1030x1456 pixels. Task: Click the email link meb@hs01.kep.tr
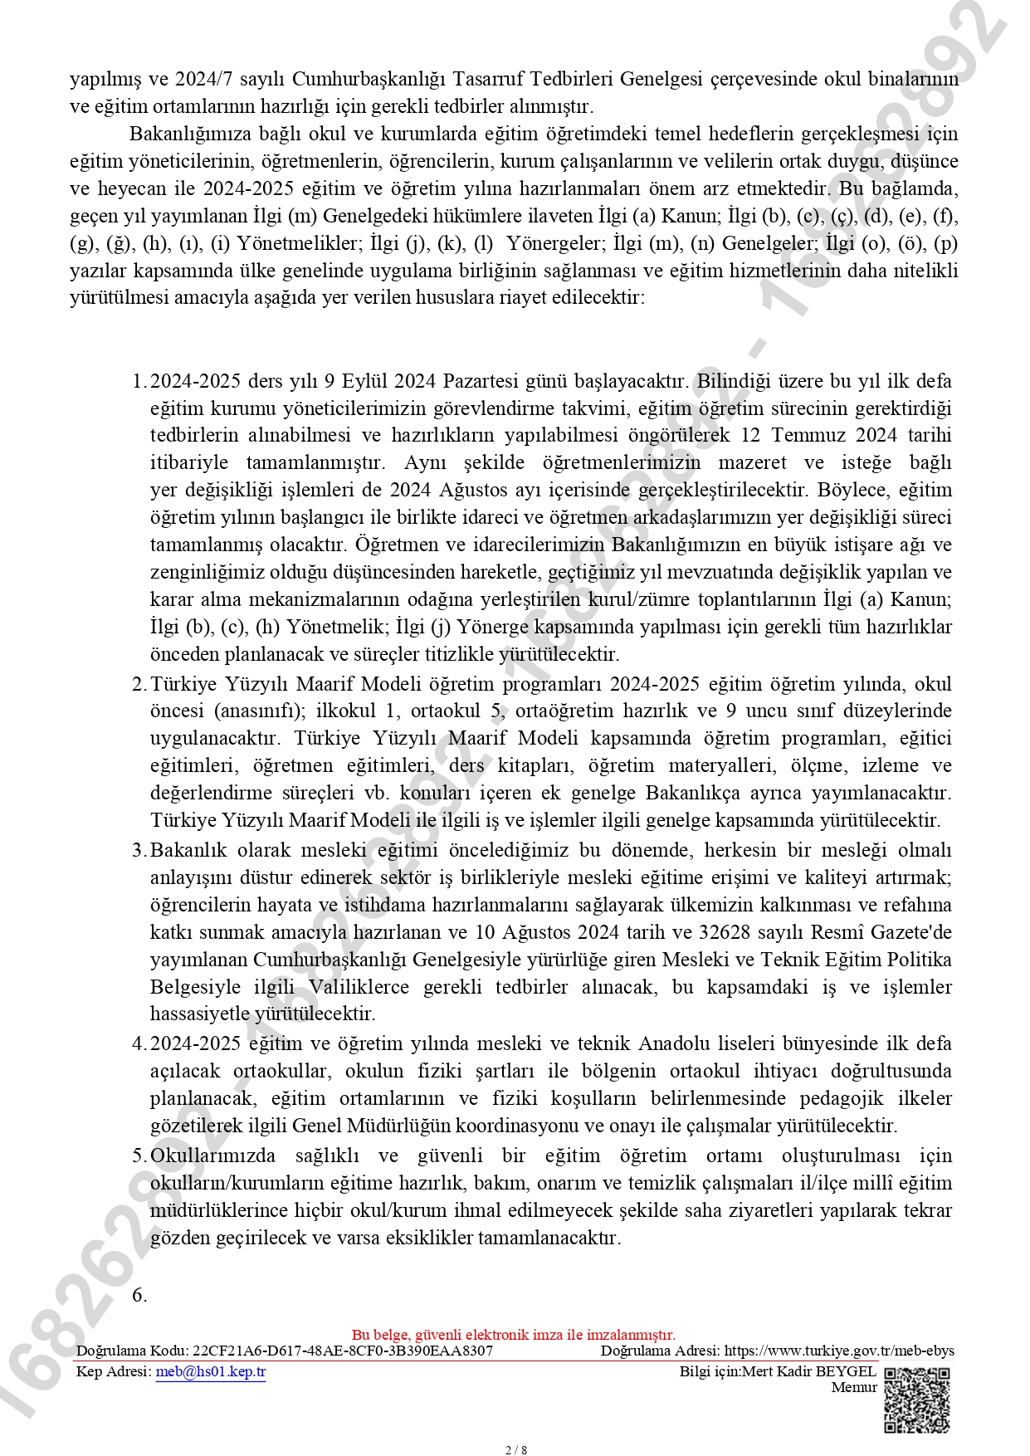[211, 1371]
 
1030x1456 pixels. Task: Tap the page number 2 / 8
[515, 1450]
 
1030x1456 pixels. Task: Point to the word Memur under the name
[854, 1387]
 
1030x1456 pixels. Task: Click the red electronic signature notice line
[514, 1335]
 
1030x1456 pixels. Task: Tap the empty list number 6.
[139, 1295]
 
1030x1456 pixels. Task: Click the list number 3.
[139, 850]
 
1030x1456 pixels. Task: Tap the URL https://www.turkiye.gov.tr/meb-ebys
[839, 1351]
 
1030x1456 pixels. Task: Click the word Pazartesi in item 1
[482, 381]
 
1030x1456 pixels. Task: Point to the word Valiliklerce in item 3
[359, 987]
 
